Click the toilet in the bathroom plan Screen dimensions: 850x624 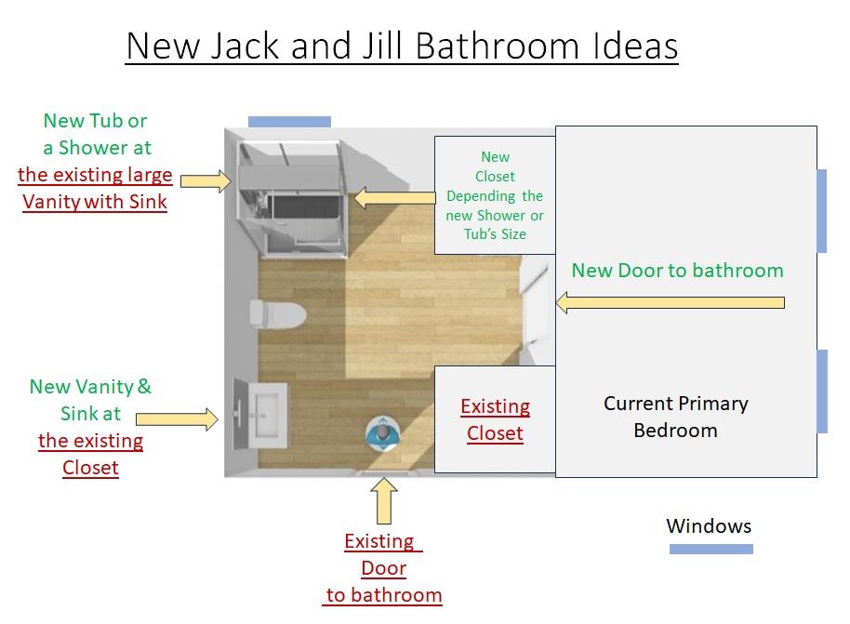point(278,314)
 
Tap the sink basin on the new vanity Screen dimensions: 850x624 point(267,415)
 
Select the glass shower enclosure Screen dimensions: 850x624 point(292,198)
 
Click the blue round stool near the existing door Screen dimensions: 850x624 point(383,432)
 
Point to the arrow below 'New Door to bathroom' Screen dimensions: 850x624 point(671,302)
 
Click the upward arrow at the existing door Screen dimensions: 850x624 point(384,500)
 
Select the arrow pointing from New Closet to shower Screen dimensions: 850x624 point(394,198)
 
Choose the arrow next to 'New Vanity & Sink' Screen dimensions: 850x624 point(178,419)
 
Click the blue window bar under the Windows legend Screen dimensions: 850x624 point(711,550)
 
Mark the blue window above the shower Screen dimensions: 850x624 point(289,122)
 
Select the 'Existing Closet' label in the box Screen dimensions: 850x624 point(496,419)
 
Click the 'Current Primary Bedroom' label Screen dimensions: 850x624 point(676,417)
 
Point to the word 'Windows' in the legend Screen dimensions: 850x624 point(709,525)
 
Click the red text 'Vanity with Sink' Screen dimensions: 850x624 point(95,202)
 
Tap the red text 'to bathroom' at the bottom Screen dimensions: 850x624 point(384,595)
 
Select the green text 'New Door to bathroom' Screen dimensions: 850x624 point(678,270)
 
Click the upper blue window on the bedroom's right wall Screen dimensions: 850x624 point(822,211)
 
